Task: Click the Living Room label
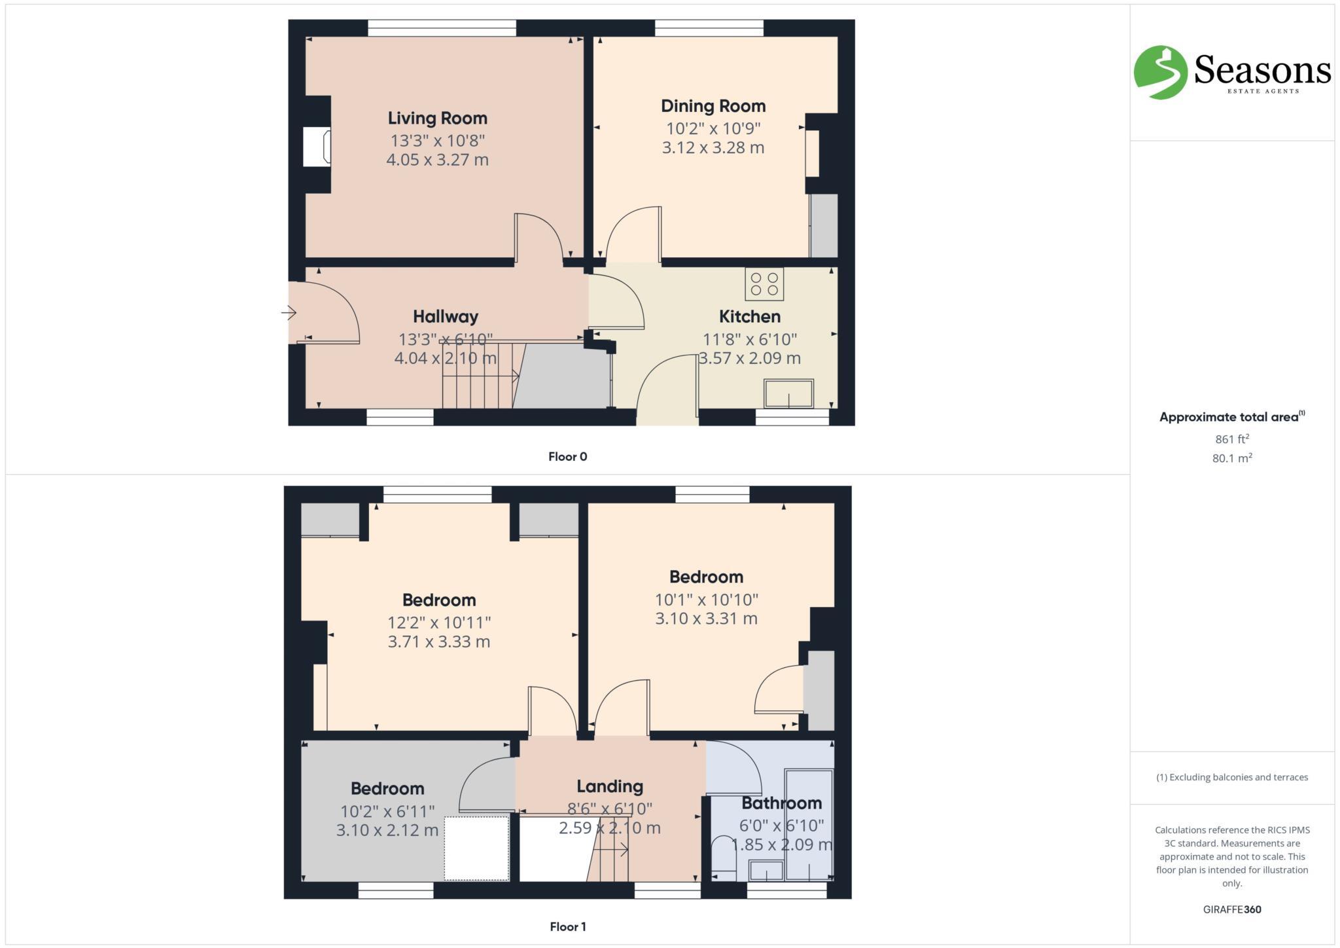[x=437, y=119]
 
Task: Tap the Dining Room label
[x=713, y=106]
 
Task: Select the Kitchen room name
[x=749, y=317]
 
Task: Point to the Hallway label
[x=445, y=317]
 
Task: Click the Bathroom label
[x=781, y=803]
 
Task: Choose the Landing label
[x=609, y=786]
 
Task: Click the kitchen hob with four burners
[x=764, y=284]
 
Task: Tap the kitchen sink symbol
[x=788, y=394]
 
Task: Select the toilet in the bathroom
[x=723, y=854]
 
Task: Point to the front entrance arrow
[x=288, y=313]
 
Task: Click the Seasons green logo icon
[x=1159, y=72]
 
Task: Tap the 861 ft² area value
[x=1231, y=439]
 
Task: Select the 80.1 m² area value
[x=1231, y=458]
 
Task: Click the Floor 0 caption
[x=567, y=457]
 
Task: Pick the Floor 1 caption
[x=567, y=926]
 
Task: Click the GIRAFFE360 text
[x=1231, y=909]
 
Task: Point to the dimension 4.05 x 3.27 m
[x=437, y=160]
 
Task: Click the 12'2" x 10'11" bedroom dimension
[x=438, y=622]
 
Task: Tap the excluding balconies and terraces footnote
[x=1231, y=777]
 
